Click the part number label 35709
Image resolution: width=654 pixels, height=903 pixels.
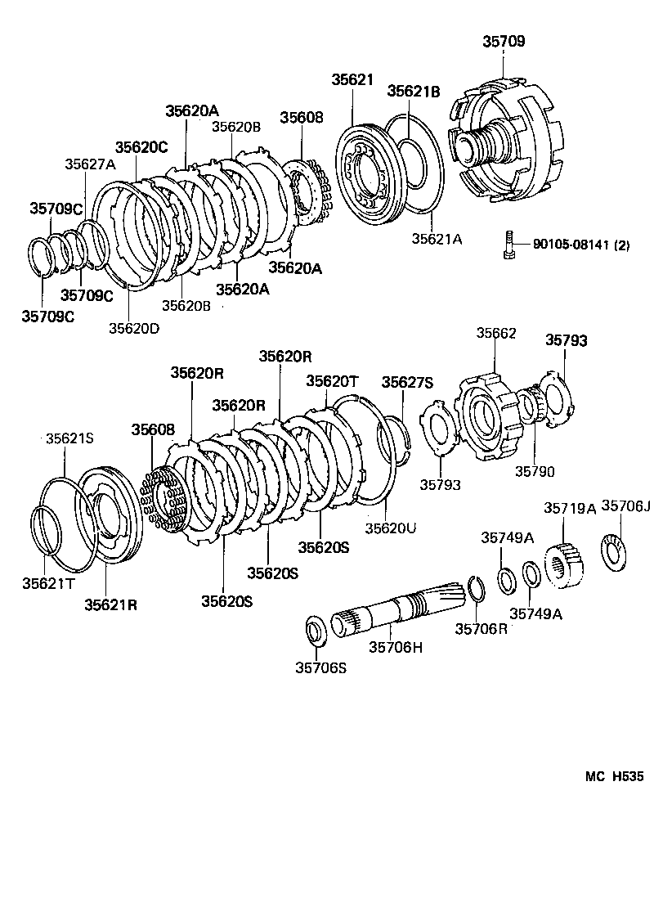click(504, 41)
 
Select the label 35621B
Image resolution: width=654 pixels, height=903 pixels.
click(414, 92)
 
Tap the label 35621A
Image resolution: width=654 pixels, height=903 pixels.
click(437, 239)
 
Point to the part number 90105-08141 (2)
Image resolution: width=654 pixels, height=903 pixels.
click(580, 244)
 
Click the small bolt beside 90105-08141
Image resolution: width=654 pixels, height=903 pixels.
click(509, 244)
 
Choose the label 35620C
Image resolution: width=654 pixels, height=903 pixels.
click(141, 147)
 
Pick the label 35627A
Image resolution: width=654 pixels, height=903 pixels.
click(91, 164)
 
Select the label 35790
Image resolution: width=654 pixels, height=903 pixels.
click(535, 471)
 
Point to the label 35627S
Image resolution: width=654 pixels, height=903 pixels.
click(408, 382)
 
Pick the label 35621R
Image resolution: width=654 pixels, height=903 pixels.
click(110, 604)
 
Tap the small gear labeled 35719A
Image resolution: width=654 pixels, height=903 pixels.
click(562, 564)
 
